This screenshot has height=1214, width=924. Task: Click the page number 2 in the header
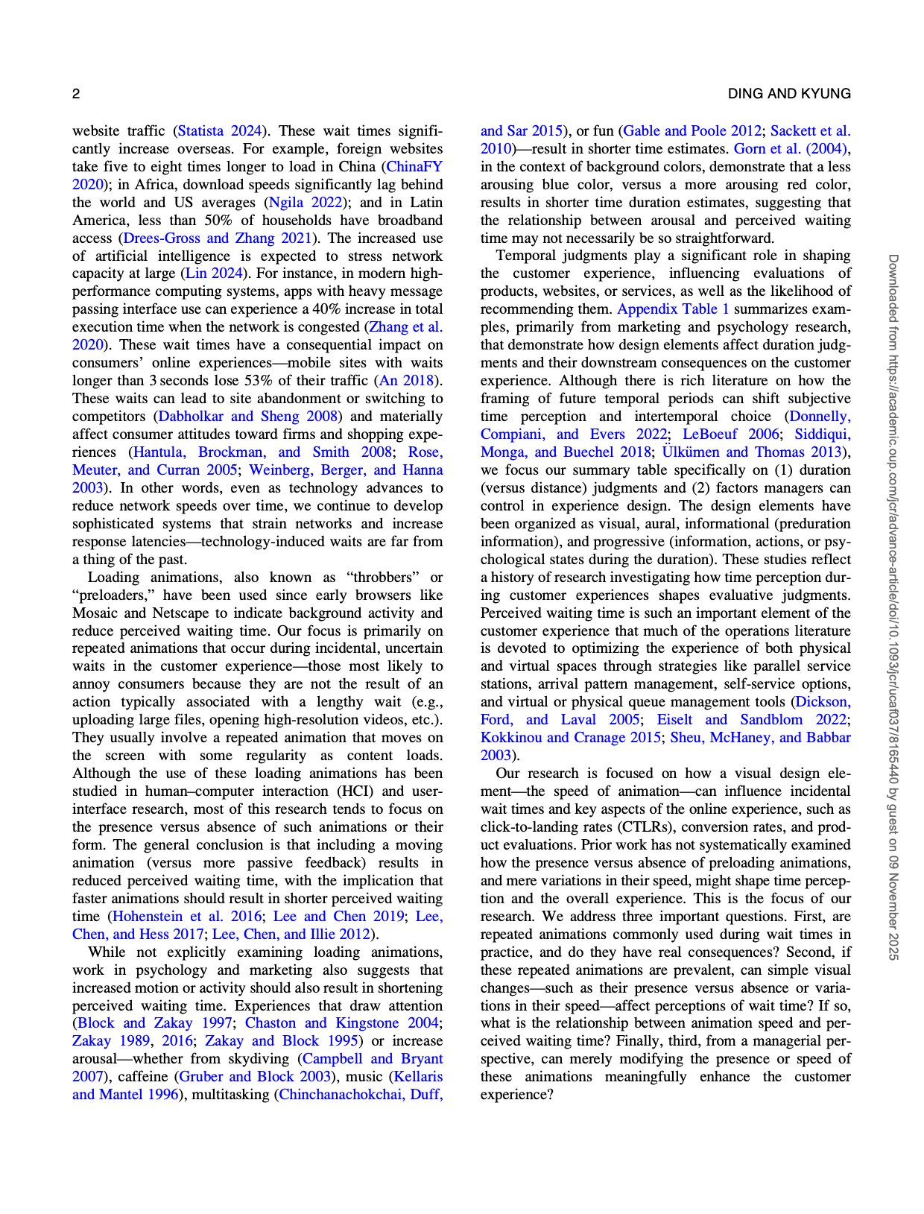pos(76,94)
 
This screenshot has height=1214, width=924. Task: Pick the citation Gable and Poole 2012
pos(692,131)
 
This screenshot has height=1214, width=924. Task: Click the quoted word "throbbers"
pos(385,578)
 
